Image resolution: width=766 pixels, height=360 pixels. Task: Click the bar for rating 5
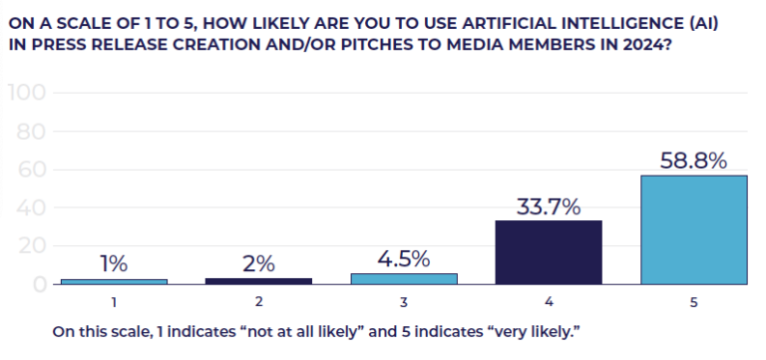click(x=693, y=229)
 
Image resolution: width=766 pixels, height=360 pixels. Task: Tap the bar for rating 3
click(x=404, y=279)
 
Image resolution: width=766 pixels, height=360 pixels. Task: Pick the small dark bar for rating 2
click(x=258, y=281)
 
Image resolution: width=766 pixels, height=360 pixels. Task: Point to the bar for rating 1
click(x=114, y=281)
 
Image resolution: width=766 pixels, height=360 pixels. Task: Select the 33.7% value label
click(x=549, y=206)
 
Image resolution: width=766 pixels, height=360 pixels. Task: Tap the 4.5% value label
click(x=403, y=259)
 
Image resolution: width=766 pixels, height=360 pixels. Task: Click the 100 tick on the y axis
click(x=28, y=94)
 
